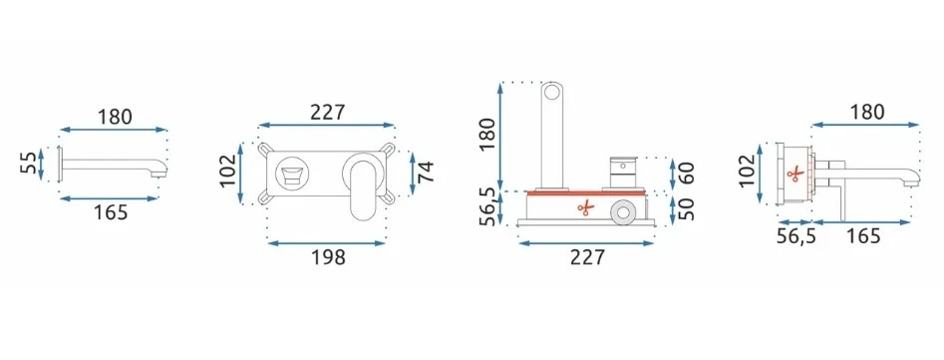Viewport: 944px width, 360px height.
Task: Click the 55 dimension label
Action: coord(28,163)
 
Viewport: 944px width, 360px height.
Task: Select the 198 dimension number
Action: coord(329,257)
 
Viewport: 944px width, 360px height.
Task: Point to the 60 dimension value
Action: coord(688,174)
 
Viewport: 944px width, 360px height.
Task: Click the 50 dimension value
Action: coord(688,208)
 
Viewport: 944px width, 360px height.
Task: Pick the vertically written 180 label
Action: coord(487,134)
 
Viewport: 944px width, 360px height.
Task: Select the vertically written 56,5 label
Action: coord(487,206)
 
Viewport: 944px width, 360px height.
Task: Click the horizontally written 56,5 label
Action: coord(795,236)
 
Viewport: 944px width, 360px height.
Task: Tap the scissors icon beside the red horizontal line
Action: coord(585,208)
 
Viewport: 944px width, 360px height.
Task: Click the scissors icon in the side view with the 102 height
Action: coord(794,174)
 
